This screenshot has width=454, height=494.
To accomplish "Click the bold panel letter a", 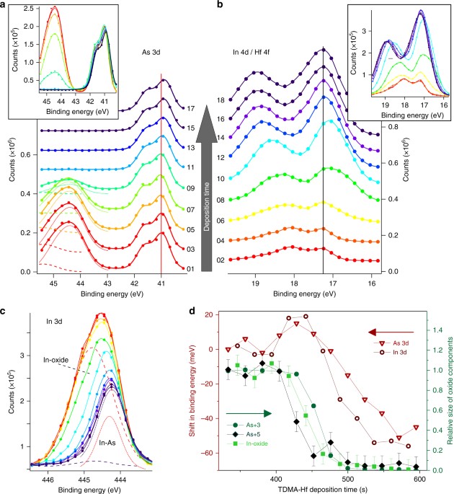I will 5,5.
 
